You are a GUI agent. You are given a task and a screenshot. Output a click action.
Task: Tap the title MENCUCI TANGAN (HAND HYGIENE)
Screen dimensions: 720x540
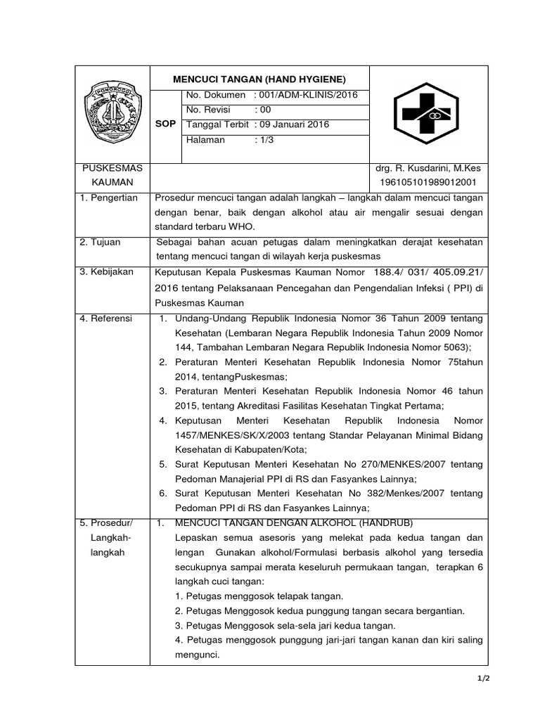click(x=259, y=79)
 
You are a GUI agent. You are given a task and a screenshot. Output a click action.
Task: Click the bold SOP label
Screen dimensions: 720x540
click(x=166, y=124)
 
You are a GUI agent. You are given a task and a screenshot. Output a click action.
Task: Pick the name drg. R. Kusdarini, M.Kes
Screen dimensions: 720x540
click(x=427, y=169)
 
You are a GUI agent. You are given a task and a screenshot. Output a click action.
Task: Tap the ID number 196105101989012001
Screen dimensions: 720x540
click(x=427, y=183)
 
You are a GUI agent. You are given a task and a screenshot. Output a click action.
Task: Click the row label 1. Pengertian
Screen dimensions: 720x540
click(x=109, y=199)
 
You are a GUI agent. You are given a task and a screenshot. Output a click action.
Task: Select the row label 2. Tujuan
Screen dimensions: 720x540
click(x=101, y=242)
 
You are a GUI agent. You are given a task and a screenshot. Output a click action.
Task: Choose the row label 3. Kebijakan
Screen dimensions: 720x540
click(x=106, y=272)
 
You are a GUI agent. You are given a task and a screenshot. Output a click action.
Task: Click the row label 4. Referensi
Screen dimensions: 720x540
click(x=106, y=319)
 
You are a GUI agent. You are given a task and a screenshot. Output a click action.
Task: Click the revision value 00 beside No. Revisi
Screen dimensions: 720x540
click(x=265, y=110)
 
